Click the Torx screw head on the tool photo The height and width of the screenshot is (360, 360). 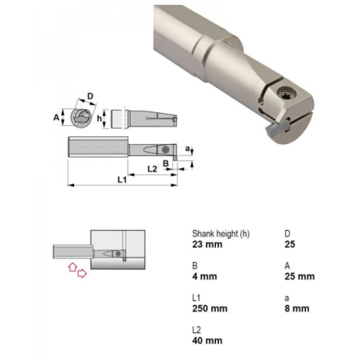click(x=284, y=94)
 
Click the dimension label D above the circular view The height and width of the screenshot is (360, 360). click(x=90, y=96)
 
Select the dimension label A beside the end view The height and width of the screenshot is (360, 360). click(x=57, y=117)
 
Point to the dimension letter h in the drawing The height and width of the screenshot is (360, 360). click(x=99, y=118)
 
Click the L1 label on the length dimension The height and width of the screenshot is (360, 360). click(x=122, y=180)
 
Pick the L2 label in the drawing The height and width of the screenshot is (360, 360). click(x=152, y=169)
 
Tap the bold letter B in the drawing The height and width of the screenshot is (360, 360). click(x=166, y=163)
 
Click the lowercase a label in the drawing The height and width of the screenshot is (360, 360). click(x=187, y=148)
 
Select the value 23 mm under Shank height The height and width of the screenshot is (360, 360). click(x=207, y=245)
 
